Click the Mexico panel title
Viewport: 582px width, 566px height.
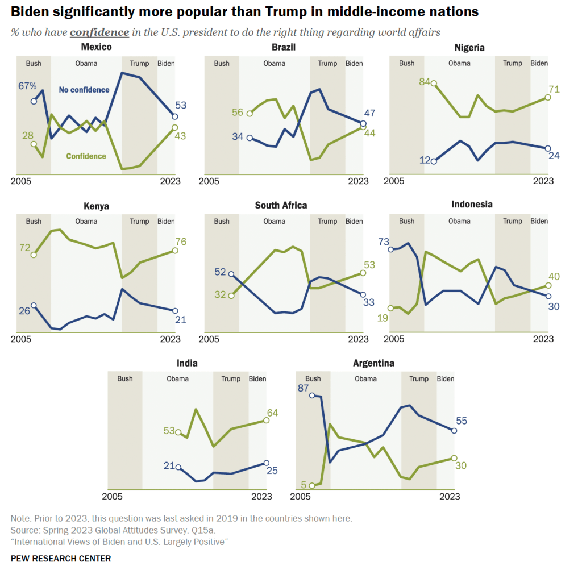[x=96, y=47]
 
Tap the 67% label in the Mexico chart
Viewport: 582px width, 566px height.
[x=27, y=86]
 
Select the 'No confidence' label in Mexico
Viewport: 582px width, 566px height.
[x=84, y=90]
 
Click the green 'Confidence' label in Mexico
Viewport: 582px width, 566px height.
[x=86, y=156]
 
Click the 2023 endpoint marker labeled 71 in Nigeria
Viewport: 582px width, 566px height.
[x=548, y=97]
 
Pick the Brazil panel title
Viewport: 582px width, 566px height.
[x=284, y=47]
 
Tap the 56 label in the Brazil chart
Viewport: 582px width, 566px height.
[x=238, y=113]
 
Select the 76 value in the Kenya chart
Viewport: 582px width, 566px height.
[x=181, y=242]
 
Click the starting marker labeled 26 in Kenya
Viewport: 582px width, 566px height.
[x=34, y=306]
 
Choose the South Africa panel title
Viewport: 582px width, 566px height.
[x=281, y=205]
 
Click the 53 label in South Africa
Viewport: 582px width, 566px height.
[x=369, y=265]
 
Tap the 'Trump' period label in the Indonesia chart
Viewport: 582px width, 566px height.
[x=513, y=221]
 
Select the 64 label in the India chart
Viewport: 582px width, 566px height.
[x=272, y=413]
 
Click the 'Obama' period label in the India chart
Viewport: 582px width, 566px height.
[x=177, y=379]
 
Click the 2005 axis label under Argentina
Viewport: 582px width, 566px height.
[x=300, y=497]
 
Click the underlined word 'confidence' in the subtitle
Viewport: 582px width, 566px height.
[x=99, y=32]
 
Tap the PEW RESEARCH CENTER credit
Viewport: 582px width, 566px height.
[x=61, y=559]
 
